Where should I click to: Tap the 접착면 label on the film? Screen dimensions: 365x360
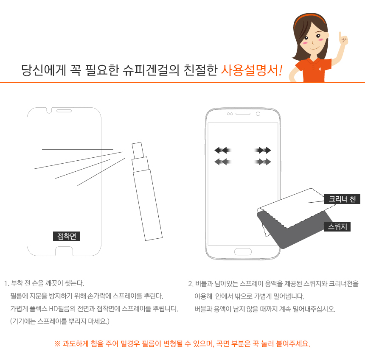(66, 236)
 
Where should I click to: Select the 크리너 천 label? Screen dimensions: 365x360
(342, 199)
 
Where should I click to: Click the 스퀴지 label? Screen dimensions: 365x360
(337, 226)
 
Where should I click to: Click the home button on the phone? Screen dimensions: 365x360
(243, 251)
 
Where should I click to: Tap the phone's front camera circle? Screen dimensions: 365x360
(258, 114)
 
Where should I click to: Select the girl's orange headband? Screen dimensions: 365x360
(309, 19)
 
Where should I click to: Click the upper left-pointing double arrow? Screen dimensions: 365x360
(222, 150)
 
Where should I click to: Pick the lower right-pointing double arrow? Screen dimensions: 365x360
(263, 162)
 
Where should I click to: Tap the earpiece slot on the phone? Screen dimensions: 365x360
(243, 114)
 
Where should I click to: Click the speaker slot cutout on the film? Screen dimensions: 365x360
(64, 111)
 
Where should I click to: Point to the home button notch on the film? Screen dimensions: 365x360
(64, 251)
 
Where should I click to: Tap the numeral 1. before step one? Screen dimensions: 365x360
(6, 284)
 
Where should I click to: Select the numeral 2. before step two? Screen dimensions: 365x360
(191, 284)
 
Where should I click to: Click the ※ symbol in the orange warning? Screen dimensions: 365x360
(57, 344)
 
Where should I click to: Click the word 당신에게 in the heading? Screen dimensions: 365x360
(44, 70)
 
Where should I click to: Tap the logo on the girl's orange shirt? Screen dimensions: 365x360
(320, 69)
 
